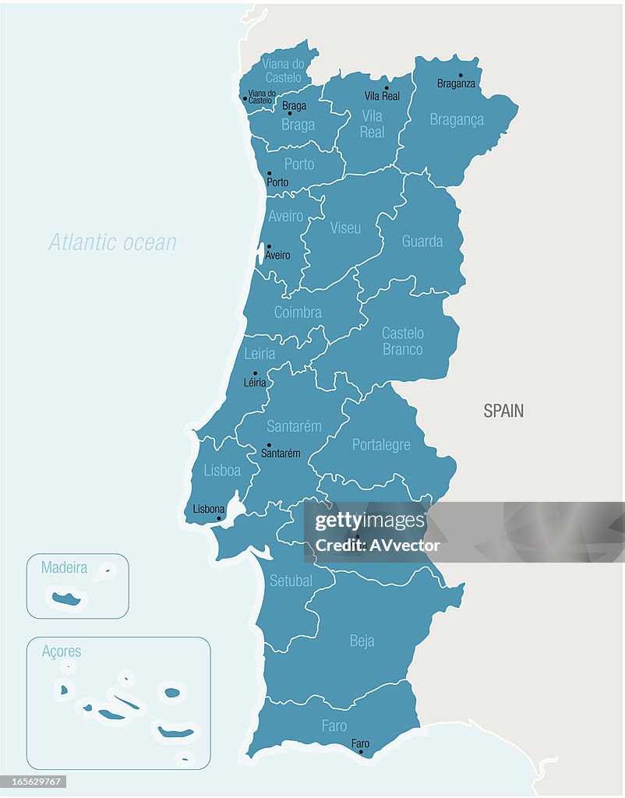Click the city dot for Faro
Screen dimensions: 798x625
361,752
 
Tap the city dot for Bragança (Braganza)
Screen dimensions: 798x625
461,76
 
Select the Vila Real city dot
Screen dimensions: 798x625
386,88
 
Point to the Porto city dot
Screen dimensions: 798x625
270,174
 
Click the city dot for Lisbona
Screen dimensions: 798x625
219,518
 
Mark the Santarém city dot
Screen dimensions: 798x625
270,445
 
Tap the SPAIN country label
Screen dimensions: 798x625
503,411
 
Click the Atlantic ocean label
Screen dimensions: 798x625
113,242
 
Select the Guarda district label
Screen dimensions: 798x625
422,241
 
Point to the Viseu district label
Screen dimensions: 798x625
345,228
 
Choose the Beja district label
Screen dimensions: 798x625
362,641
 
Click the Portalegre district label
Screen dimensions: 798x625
381,445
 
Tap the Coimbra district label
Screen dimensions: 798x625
298,312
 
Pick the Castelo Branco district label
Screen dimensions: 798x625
403,341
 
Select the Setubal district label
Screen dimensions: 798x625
291,581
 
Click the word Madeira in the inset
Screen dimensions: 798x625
64,568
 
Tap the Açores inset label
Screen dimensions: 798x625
62,651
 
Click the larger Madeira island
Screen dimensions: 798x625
67,599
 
